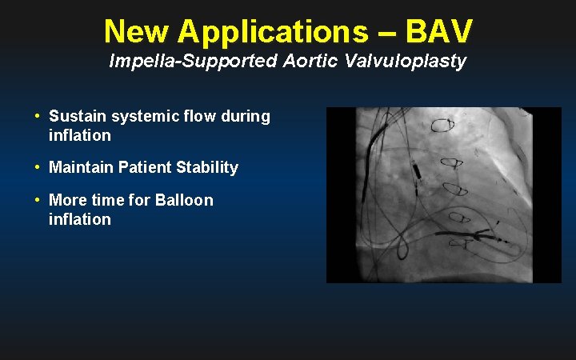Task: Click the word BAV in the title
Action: coord(439,31)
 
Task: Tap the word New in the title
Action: coord(137,31)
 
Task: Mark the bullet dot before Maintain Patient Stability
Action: coord(38,167)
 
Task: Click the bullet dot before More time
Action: coord(38,199)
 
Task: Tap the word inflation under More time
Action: coord(80,218)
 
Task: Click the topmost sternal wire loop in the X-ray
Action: coord(442,125)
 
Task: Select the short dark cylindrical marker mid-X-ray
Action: coord(417,170)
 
